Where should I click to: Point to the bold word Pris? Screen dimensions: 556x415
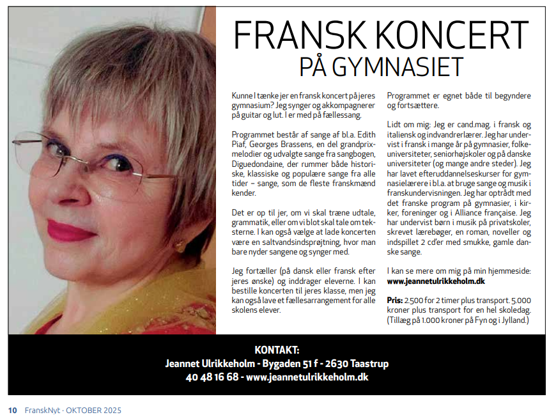(x=394, y=300)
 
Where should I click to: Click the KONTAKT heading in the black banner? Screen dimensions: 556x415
(x=277, y=350)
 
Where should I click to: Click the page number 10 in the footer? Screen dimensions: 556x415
(x=12, y=410)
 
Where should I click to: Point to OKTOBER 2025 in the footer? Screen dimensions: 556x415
(x=94, y=410)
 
